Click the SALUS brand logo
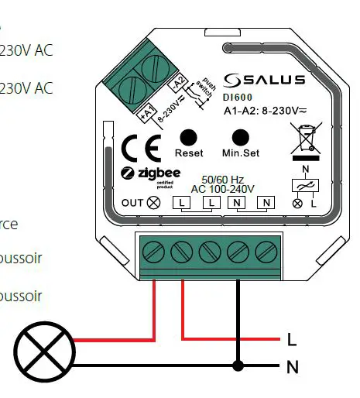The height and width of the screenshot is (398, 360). (264, 80)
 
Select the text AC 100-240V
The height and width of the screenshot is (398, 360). (223, 188)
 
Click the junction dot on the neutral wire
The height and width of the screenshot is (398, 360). (238, 365)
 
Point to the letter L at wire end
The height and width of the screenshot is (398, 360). (291, 339)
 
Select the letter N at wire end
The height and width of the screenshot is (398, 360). (292, 366)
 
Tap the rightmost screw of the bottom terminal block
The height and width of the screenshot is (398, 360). (266, 252)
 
